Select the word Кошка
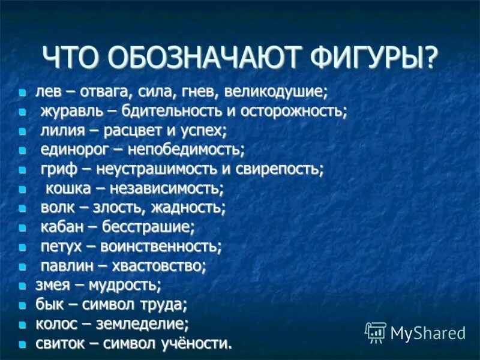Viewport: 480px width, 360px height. click(x=68, y=188)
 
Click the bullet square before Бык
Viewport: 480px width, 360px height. click(x=22, y=305)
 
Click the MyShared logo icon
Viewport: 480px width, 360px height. click(x=376, y=332)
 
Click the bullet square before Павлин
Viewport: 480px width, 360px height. click(x=22, y=266)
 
